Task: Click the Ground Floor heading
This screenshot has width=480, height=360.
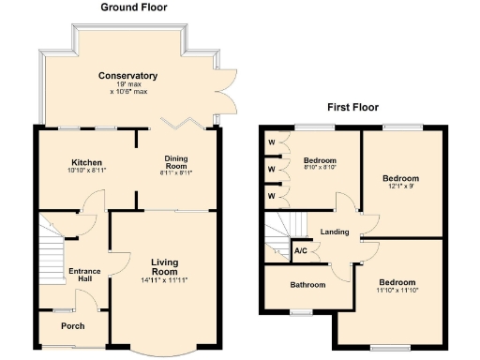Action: pyautogui.click(x=133, y=7)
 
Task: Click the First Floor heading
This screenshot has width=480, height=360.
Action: pyautogui.click(x=352, y=107)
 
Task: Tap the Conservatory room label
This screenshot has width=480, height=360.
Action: pyautogui.click(x=130, y=76)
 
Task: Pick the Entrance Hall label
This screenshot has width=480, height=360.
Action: pyautogui.click(x=83, y=276)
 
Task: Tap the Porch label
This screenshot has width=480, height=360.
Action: pyautogui.click(x=72, y=326)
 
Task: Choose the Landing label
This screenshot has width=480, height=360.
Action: pyautogui.click(x=335, y=232)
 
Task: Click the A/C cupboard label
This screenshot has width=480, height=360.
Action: pyautogui.click(x=302, y=251)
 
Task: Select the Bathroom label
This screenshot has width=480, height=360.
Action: pyautogui.click(x=307, y=285)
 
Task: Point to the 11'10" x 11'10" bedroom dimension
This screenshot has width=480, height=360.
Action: pyautogui.click(x=397, y=291)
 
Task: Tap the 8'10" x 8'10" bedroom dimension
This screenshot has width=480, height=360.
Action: pyautogui.click(x=320, y=170)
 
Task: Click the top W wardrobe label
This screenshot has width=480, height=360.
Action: pyautogui.click(x=272, y=143)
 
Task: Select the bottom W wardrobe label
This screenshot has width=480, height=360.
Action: pyautogui.click(x=272, y=196)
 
